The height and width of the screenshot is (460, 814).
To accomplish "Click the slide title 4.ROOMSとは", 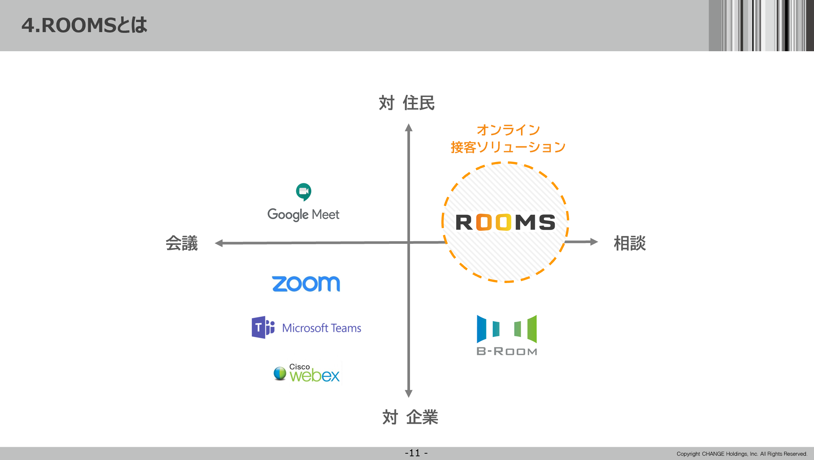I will [84, 25].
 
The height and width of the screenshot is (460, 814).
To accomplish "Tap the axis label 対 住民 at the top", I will [407, 103].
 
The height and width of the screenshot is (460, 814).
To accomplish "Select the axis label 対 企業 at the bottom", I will [410, 417].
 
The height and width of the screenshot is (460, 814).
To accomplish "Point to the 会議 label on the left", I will [182, 243].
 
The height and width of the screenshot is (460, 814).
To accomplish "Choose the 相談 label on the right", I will [630, 243].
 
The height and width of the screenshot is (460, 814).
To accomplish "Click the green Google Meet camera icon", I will [303, 192].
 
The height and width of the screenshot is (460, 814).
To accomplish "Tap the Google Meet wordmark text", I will [303, 215].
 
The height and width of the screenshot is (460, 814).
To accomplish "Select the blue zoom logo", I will [306, 284].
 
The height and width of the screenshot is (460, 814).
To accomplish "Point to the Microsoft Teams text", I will [321, 328].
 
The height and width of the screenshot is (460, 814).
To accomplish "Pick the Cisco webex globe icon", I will [280, 373].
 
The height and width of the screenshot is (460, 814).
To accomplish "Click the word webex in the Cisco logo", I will [315, 376].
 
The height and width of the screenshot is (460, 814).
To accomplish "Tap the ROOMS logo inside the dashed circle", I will [505, 222].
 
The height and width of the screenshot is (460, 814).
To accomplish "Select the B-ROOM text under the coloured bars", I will [507, 351].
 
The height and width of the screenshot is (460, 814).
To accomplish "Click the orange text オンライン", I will [508, 130].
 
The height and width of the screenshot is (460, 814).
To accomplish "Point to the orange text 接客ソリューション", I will [508, 147].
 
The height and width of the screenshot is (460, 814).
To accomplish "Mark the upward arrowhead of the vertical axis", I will [408, 128].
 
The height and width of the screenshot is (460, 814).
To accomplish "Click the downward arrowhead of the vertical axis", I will [408, 394].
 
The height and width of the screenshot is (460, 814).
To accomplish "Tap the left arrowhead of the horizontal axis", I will [219, 243].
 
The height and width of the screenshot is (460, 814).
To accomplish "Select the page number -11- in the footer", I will [416, 453].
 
